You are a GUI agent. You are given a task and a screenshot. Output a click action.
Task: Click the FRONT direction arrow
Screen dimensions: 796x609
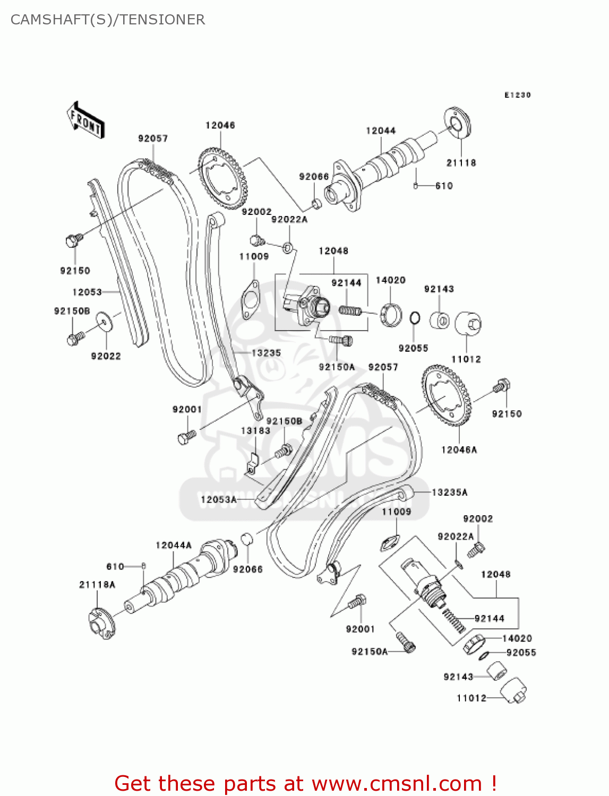coord(85,121)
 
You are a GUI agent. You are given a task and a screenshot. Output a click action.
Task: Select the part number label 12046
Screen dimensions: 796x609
coord(220,125)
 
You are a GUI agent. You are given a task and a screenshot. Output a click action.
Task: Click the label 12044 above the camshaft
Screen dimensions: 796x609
coord(381,131)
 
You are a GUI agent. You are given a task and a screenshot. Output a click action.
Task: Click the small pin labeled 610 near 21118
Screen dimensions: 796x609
coord(416,185)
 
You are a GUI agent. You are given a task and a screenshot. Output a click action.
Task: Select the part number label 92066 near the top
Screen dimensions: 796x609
coord(314,176)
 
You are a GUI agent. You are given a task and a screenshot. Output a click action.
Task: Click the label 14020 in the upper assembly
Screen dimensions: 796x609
coord(390,280)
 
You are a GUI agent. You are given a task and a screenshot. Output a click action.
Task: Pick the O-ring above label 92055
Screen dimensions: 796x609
coord(415,318)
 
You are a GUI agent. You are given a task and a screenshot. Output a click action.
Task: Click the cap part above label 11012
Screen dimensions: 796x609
coord(468,323)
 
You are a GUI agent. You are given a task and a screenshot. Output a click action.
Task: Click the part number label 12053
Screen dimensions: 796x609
coord(87,292)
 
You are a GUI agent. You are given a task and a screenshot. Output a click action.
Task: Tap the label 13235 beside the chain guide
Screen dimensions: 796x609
coord(266,353)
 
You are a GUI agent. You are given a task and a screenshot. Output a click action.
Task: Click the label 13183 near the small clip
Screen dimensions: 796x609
coord(255,430)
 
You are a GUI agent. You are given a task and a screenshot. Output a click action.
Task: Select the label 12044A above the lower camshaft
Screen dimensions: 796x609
coord(174,545)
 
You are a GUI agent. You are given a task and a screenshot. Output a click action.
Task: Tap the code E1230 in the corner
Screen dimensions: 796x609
coord(517,95)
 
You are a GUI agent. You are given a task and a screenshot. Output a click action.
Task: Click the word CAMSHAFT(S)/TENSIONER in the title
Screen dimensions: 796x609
coord(108,20)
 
